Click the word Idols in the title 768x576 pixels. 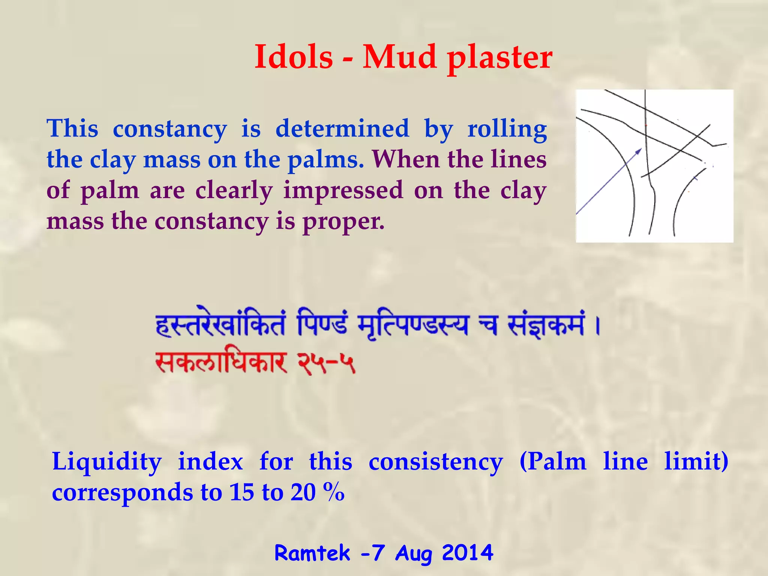[x=294, y=57]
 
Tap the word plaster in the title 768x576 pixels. [x=499, y=58]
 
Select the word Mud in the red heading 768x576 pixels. [x=400, y=57]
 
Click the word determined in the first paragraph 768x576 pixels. [x=342, y=129]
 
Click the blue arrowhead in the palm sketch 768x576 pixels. [x=639, y=151]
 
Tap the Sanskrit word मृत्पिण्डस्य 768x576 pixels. [x=413, y=325]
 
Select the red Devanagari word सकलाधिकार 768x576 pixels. [x=221, y=363]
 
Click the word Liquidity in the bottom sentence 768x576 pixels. [x=107, y=462]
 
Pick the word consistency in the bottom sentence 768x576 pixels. [x=435, y=462]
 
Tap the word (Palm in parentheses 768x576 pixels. [x=553, y=462]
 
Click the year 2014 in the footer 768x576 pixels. [x=467, y=553]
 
